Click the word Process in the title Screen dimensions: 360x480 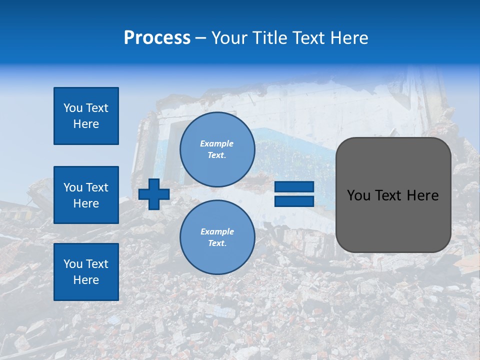tap(157, 38)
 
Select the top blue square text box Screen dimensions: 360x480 tap(86, 116)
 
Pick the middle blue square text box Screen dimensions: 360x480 tap(86, 195)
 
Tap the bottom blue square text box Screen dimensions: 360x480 tap(86, 271)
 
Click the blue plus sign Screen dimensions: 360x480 tap(154, 194)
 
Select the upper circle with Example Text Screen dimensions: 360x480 tap(217, 149)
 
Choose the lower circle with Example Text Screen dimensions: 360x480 tap(217, 237)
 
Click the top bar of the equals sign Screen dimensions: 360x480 tap(294, 187)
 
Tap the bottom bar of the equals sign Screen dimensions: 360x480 tap(294, 201)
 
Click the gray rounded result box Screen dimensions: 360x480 tap(393, 220)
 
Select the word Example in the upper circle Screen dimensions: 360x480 tap(217, 143)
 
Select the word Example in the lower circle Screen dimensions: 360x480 tap(217, 231)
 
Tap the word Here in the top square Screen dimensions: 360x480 tap(86, 124)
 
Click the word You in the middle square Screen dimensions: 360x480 tap(72, 187)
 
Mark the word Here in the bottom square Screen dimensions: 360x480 tap(86, 280)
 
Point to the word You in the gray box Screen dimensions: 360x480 tap(358, 195)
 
